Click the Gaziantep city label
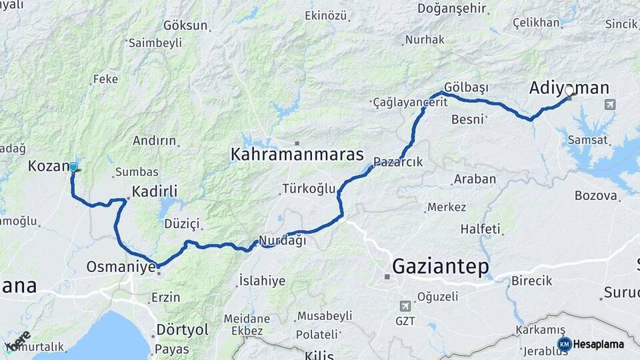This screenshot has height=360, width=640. tap(440, 267)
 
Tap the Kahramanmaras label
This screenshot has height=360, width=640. tap(297, 155)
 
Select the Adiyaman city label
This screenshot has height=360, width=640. tap(569, 87)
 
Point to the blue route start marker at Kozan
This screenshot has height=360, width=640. tap(73, 167)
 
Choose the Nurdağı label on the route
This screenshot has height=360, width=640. tap(282, 241)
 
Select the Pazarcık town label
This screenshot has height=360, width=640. tap(398, 161)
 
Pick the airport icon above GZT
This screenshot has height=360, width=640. tap(405, 305)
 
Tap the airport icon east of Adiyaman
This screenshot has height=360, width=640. tap(609, 105)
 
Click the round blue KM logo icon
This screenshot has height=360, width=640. tap(564, 344)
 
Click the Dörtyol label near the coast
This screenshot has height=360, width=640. tap(182, 329)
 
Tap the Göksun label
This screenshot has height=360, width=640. tap(185, 25)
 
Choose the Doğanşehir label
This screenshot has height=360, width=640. tap(453, 9)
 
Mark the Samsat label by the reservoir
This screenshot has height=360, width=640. tap(587, 140)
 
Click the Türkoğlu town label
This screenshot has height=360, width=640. tap(309, 189)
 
